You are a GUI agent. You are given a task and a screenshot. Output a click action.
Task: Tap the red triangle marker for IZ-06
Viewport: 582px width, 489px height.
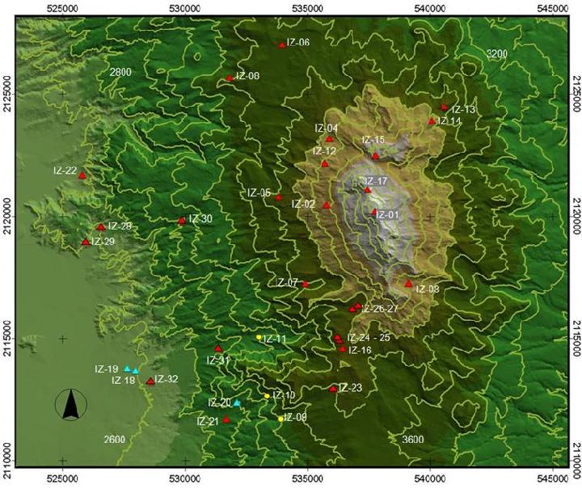pyautogui.click(x=281, y=45)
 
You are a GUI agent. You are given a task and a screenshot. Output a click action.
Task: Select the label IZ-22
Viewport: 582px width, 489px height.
pyautogui.click(x=65, y=171)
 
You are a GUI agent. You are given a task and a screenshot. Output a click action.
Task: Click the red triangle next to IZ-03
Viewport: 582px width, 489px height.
pyautogui.click(x=408, y=284)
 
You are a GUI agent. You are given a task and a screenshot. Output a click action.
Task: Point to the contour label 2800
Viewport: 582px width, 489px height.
pyautogui.click(x=120, y=73)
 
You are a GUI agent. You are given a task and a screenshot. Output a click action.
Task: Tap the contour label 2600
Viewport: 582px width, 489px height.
pyautogui.click(x=115, y=439)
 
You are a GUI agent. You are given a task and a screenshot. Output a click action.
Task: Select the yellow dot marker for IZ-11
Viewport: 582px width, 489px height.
pyautogui.click(x=259, y=337)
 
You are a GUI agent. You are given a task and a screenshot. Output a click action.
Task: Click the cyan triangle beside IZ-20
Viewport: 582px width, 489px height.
pyautogui.click(x=237, y=403)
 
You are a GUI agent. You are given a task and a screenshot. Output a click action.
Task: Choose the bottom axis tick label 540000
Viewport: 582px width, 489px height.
pyautogui.click(x=430, y=482)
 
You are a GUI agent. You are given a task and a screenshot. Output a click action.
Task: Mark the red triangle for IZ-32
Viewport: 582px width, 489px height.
pyautogui.click(x=150, y=381)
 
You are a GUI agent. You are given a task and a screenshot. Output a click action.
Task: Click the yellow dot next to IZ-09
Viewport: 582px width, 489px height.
pyautogui.click(x=280, y=419)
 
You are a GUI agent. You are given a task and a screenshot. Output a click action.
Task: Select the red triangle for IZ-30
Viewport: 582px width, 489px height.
pyautogui.click(x=181, y=221)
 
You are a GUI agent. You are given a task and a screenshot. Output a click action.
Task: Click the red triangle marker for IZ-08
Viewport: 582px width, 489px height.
pyautogui.click(x=230, y=78)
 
